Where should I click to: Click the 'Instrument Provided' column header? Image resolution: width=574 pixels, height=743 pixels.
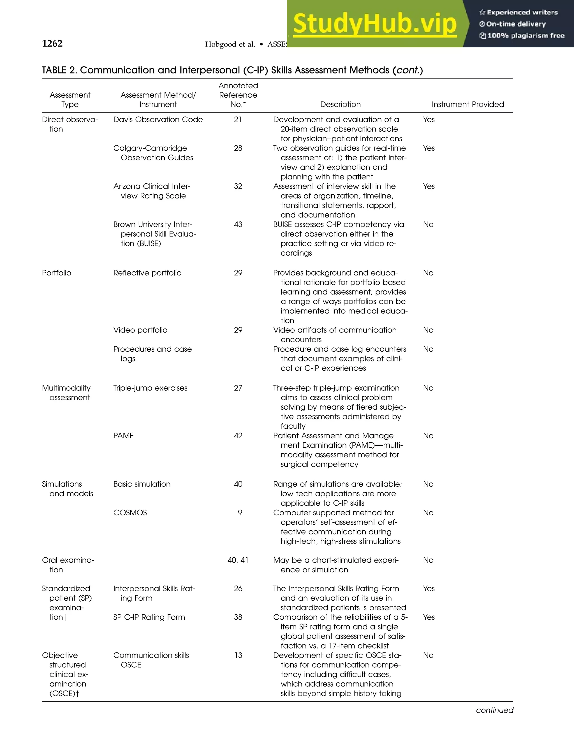point(467,105)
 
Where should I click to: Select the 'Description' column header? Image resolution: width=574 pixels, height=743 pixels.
point(340,105)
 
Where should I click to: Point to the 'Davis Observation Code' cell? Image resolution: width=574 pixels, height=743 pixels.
point(158,120)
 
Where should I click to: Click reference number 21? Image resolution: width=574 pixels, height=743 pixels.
point(238,120)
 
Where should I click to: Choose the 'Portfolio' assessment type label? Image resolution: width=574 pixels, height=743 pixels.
point(56,273)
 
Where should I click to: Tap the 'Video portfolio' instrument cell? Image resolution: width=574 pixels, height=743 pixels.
point(140,330)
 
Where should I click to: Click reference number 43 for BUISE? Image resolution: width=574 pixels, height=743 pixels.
point(238,225)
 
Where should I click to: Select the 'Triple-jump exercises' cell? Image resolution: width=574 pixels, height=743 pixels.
point(150,388)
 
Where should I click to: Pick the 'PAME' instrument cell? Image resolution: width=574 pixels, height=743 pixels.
point(123,436)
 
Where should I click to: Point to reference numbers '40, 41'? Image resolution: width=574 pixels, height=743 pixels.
point(238,560)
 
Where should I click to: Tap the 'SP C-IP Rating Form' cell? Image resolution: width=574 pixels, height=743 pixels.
point(149,617)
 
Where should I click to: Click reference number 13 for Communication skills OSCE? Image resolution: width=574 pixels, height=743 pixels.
point(238,655)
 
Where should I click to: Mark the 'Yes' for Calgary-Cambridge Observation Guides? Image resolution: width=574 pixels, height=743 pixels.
point(429,148)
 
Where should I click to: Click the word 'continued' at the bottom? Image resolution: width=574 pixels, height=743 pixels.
point(494,710)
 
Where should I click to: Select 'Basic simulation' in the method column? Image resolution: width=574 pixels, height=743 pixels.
point(142,484)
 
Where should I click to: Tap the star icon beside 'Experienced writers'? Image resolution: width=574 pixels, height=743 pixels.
point(482,13)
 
